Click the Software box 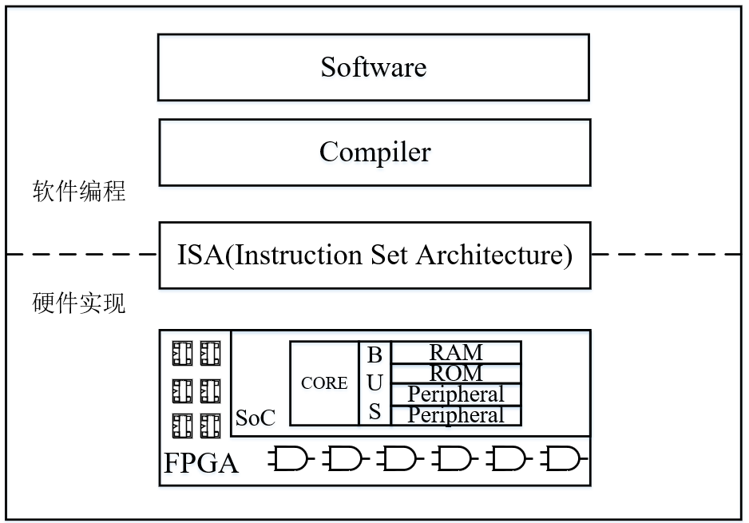(x=374, y=67)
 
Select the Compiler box (x=374, y=152)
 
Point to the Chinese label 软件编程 (x=79, y=192)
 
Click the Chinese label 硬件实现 (x=79, y=304)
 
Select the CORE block (x=324, y=383)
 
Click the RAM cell (x=456, y=352)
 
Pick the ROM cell (x=456, y=373)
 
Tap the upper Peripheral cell (x=456, y=394)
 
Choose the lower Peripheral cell (x=456, y=415)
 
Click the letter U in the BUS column (x=374, y=383)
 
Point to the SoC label (x=256, y=418)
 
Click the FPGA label (x=201, y=464)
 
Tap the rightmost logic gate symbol (x=564, y=458)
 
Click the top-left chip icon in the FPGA (x=183, y=352)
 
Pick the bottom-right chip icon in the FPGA (x=210, y=423)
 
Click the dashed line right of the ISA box (x=666, y=255)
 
